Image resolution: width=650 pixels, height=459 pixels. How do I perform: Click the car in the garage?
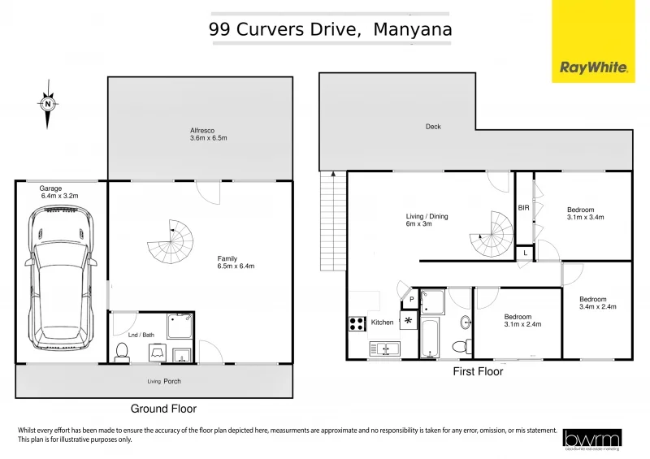tap(62, 279)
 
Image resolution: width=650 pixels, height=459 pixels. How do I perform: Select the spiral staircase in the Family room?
tap(172, 242)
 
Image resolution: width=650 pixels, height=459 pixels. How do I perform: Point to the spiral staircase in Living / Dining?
tap(493, 233)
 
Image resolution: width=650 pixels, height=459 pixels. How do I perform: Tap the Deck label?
tap(433, 127)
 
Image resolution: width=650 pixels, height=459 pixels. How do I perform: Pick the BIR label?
tap(524, 209)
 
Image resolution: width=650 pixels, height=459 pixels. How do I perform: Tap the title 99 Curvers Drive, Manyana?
tap(330, 30)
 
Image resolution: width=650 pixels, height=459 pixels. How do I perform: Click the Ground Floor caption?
tap(163, 409)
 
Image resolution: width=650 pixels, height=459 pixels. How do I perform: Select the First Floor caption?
tap(478, 371)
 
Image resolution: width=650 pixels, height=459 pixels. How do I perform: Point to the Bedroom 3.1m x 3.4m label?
tap(585, 214)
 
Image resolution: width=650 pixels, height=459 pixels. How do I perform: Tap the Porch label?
tap(171, 381)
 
